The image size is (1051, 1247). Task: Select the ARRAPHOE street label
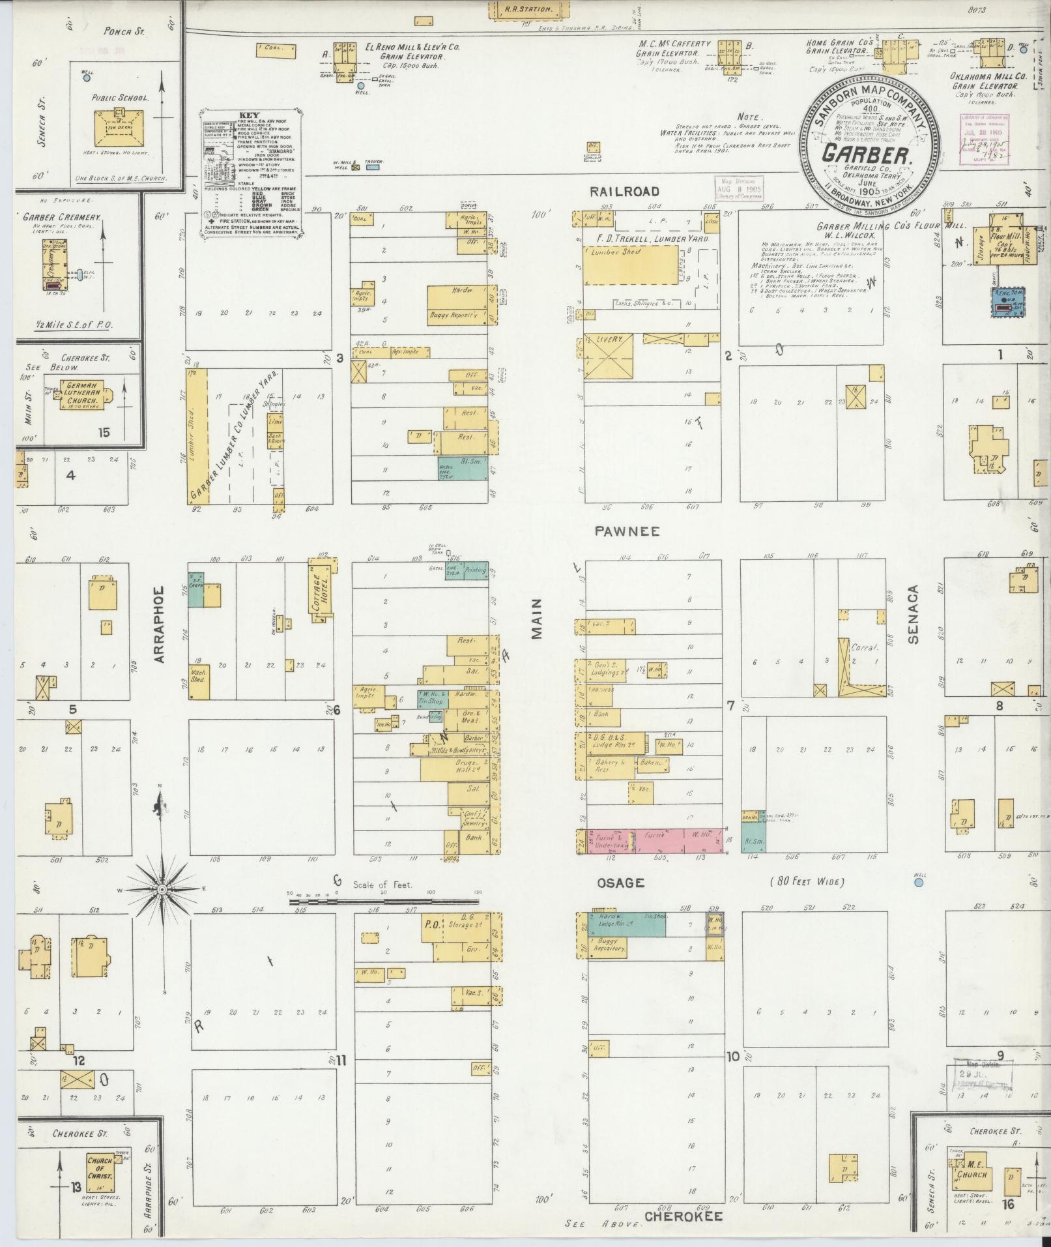[x=160, y=624]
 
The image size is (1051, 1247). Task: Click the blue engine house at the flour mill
[x=1007, y=302]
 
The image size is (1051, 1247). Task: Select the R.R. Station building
[x=528, y=9]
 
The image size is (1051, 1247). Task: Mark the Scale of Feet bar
[x=384, y=902]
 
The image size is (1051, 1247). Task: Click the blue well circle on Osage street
[x=919, y=883]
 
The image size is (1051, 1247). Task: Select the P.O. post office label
[x=431, y=924]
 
